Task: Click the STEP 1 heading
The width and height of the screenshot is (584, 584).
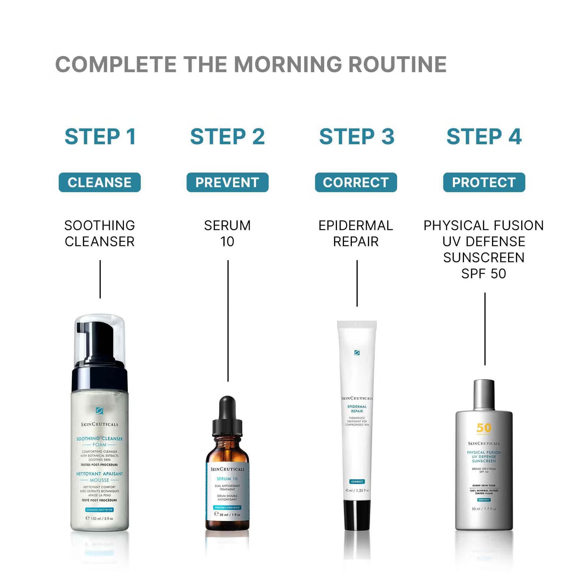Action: coord(100,137)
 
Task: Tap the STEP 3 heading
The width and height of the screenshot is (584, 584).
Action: coord(357,137)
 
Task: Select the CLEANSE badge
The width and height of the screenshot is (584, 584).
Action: coord(100,182)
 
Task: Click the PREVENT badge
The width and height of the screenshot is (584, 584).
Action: coord(227,182)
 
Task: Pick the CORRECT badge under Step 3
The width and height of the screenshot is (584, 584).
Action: coord(356,182)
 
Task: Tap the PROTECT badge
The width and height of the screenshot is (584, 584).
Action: coord(484,182)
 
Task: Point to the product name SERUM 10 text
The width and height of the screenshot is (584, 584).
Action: coord(227,233)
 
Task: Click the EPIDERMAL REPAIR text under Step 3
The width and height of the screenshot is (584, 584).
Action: coord(356,233)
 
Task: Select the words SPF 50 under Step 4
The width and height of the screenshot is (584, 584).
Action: coord(484,273)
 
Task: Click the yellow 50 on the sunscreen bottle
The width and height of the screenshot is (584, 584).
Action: coord(484,427)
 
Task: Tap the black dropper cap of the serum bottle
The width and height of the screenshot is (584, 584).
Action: coord(227,416)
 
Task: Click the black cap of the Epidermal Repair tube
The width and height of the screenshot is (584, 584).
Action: coord(357,515)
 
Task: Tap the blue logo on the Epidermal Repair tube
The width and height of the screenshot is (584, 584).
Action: coord(357,353)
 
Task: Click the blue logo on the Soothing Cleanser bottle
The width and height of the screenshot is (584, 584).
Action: coord(99,411)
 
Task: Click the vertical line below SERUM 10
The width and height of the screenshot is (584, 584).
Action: coord(228,321)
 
